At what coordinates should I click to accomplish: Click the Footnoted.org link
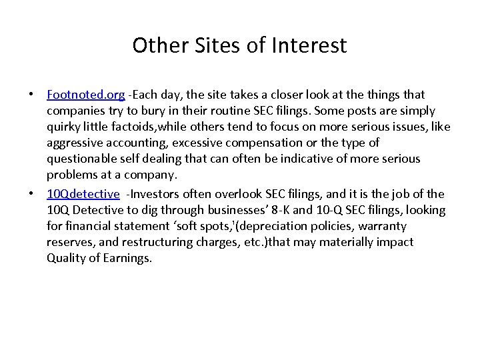(85, 95)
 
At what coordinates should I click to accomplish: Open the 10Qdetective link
(83, 194)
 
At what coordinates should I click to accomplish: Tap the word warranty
(383, 227)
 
